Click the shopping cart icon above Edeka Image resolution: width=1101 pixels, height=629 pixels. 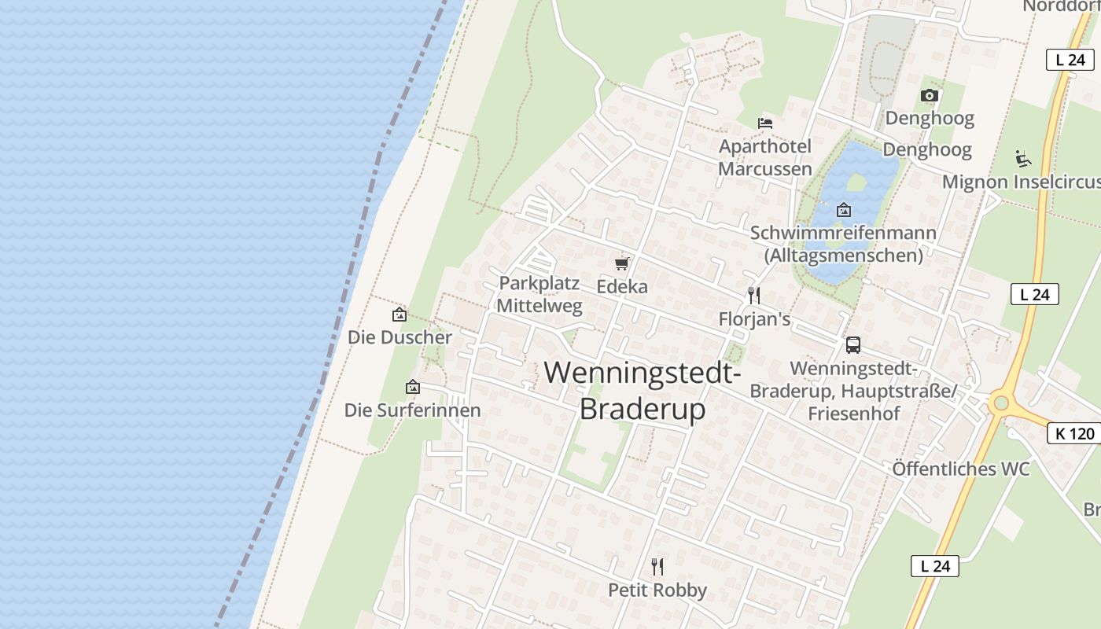pyautogui.click(x=622, y=263)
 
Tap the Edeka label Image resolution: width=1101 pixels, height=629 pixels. pyautogui.click(x=622, y=287)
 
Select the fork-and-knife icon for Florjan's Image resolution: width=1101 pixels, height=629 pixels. pyautogui.click(x=753, y=296)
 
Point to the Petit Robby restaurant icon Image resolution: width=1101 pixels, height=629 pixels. pyautogui.click(x=657, y=566)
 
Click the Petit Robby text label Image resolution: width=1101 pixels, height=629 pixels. pyautogui.click(x=657, y=590)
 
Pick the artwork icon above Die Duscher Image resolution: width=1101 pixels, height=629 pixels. pyautogui.click(x=400, y=314)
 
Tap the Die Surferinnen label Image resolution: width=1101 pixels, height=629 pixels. pyautogui.click(x=412, y=410)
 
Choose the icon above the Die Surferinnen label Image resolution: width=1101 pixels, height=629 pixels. pyautogui.click(x=412, y=387)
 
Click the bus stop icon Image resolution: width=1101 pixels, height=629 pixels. pyautogui.click(x=853, y=344)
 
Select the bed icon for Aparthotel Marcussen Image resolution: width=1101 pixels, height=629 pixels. pyautogui.click(x=765, y=123)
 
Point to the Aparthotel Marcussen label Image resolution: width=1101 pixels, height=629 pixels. pyautogui.click(x=765, y=157)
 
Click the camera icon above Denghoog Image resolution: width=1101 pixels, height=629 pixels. pyautogui.click(x=930, y=95)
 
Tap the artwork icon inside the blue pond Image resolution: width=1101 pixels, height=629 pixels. pyautogui.click(x=844, y=210)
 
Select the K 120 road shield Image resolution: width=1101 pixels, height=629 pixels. pyautogui.click(x=1073, y=433)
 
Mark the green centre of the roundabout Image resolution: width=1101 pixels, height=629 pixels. pyautogui.click(x=1000, y=403)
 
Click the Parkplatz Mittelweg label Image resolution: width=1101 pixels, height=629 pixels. pyautogui.click(x=540, y=294)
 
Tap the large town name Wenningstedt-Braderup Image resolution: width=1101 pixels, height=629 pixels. pyautogui.click(x=643, y=390)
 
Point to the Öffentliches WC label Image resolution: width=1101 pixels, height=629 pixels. pyautogui.click(x=960, y=469)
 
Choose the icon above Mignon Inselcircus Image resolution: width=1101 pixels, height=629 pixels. pyautogui.click(x=1022, y=159)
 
